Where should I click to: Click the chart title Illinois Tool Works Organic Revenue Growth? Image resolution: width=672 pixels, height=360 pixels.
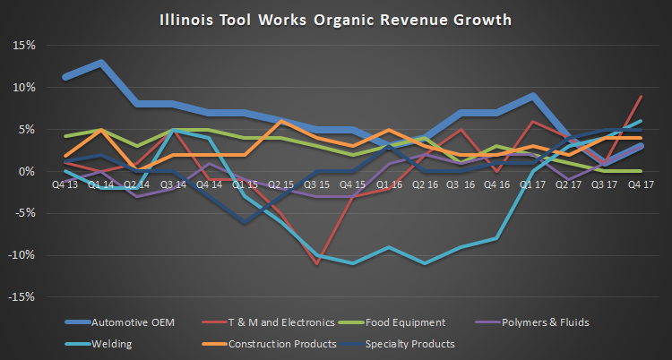click(335, 17)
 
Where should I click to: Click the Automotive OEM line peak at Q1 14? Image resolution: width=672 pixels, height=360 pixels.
click(102, 62)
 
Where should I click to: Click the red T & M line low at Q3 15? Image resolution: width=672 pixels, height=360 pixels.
click(315, 263)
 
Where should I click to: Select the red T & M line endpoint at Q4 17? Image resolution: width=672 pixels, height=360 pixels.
click(640, 97)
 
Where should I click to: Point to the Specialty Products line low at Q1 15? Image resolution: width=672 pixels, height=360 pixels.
click(245, 222)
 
